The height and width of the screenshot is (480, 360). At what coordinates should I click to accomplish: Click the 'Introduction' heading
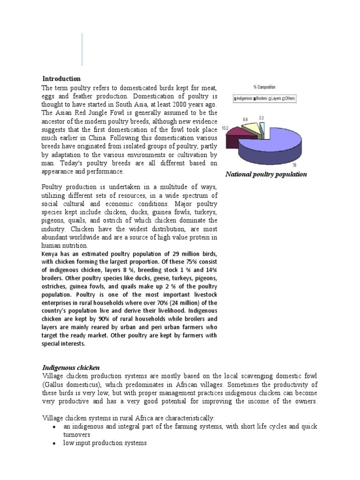pyautogui.click(x=61, y=79)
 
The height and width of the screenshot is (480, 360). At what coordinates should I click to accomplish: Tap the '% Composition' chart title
pyautogui.click(x=264, y=87)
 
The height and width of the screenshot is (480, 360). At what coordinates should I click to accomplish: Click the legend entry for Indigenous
pyautogui.click(x=243, y=98)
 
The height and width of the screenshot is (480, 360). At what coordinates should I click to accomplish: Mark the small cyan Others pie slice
pyautogui.click(x=261, y=125)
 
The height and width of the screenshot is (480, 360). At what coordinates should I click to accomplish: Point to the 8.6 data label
pyautogui.click(x=245, y=120)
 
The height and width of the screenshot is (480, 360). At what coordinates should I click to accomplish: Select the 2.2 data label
pyautogui.click(x=261, y=118)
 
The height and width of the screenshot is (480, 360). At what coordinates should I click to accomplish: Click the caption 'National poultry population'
pyautogui.click(x=266, y=174)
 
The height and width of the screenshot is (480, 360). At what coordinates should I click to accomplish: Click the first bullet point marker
pyautogui.click(x=56, y=427)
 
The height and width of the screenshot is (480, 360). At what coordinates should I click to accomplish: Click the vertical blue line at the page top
pyautogui.click(x=82, y=49)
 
